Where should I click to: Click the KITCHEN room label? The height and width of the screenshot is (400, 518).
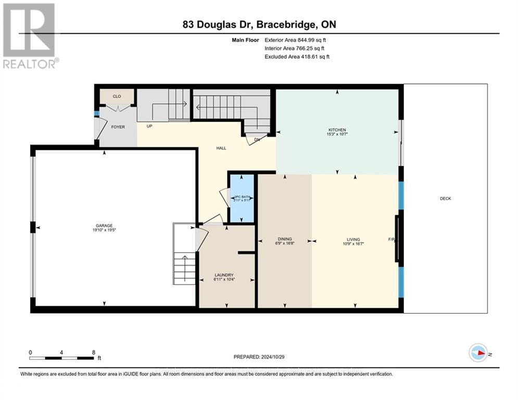337,130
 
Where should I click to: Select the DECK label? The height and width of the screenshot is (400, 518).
445,198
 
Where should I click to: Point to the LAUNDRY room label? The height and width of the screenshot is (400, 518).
225,275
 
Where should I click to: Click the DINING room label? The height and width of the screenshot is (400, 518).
284,239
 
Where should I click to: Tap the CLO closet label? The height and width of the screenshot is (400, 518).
117,96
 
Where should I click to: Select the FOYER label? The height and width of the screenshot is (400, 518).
118,127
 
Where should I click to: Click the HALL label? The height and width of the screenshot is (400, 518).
221,148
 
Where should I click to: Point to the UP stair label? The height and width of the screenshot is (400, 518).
150,126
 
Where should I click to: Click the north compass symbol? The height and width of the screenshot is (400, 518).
478,353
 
